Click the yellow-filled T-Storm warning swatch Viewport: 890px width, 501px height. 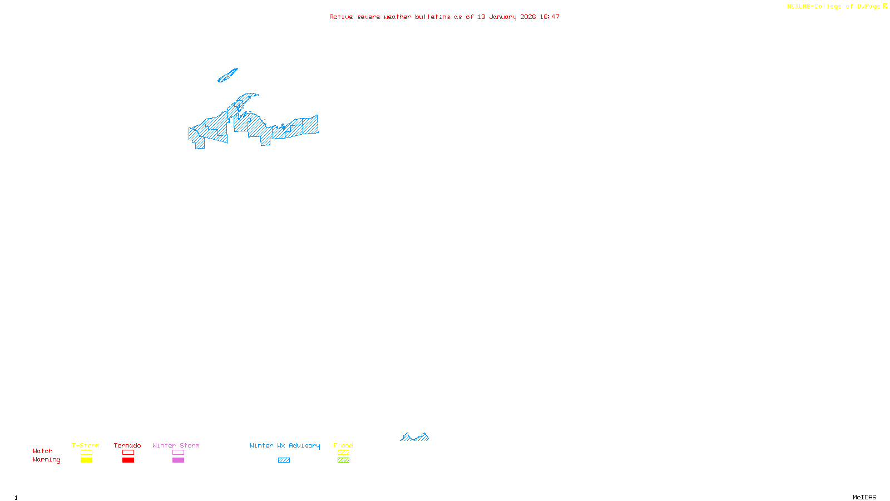click(x=86, y=460)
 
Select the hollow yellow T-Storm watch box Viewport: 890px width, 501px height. click(x=86, y=453)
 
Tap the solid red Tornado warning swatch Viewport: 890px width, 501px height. click(x=128, y=460)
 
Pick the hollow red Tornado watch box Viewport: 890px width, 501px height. click(x=128, y=453)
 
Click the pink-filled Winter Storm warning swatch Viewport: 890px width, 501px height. click(x=178, y=460)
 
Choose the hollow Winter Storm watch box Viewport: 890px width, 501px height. click(x=178, y=453)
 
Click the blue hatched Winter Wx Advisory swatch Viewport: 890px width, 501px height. click(x=284, y=460)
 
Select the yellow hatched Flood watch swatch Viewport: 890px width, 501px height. click(x=343, y=453)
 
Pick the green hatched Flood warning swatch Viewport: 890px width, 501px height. click(x=343, y=460)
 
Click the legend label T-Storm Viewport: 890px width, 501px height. click(x=86, y=445)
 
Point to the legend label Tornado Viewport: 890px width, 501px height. click(x=127, y=445)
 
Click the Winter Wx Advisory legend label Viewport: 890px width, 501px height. click(x=285, y=445)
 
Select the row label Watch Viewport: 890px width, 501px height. click(x=43, y=451)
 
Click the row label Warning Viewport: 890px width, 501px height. click(x=47, y=460)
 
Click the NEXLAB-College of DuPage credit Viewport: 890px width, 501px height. click(x=834, y=7)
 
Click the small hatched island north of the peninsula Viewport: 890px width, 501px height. click(x=228, y=76)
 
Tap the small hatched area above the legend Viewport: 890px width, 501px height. click(x=415, y=438)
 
